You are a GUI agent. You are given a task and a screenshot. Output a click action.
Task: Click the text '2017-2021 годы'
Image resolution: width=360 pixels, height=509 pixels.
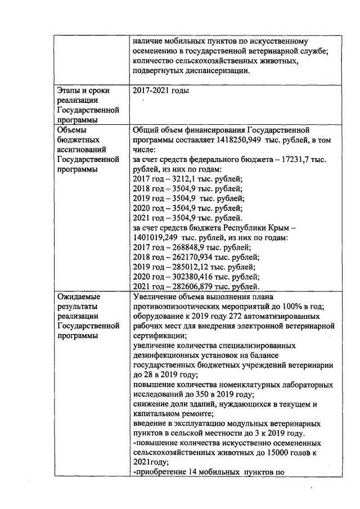pyautogui.click(x=160, y=90)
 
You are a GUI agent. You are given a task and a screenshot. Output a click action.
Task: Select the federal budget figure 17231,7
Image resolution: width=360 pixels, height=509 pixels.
pyautogui.click(x=308, y=160)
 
